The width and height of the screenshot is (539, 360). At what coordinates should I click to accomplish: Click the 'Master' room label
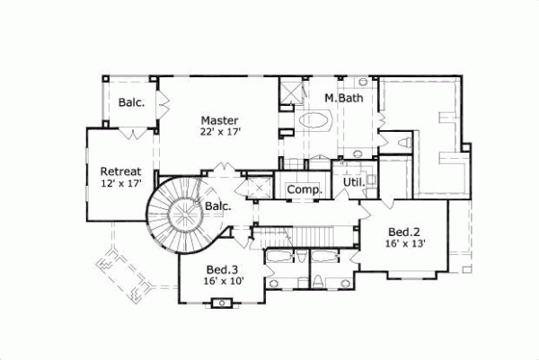tap(218, 119)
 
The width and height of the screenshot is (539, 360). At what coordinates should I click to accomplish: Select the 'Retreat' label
tap(119, 171)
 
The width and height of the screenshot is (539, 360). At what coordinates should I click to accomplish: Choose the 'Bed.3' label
tap(222, 269)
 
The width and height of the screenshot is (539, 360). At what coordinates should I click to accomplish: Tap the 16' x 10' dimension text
tap(223, 282)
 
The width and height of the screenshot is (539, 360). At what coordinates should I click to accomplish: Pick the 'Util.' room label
tap(352, 182)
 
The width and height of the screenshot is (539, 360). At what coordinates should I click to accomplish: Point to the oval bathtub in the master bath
tap(314, 119)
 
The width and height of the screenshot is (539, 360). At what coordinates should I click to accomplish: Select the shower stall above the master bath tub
tap(292, 92)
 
